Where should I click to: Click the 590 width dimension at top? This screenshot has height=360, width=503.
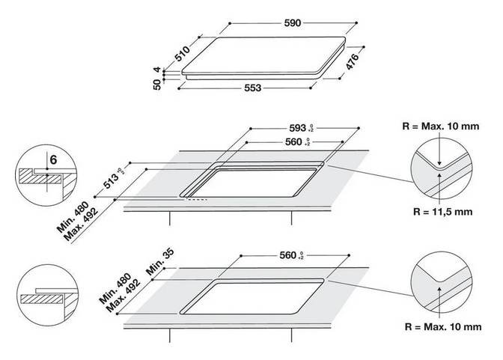(x=292, y=23)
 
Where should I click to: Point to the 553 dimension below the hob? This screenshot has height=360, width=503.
(x=252, y=88)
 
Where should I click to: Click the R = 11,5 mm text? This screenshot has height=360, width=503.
(x=443, y=212)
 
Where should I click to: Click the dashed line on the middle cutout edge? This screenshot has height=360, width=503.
(x=198, y=199)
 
